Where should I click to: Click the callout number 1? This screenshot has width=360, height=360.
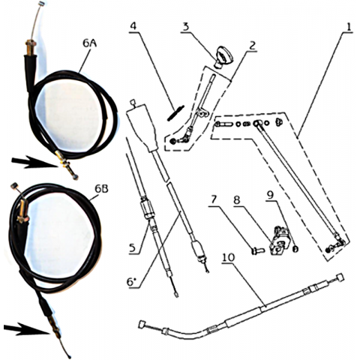pos(349,27)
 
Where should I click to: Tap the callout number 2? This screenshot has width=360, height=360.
pos(252,46)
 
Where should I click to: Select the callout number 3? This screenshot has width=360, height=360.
pos(185,27)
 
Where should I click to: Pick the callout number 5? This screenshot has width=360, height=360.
pos(133,248)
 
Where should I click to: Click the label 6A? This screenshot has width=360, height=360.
pos(90,43)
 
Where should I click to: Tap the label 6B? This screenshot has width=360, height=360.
pos(101,189)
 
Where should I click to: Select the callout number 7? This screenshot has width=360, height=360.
pos(214,199)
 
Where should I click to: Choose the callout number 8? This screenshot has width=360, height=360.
pos(237,199)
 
